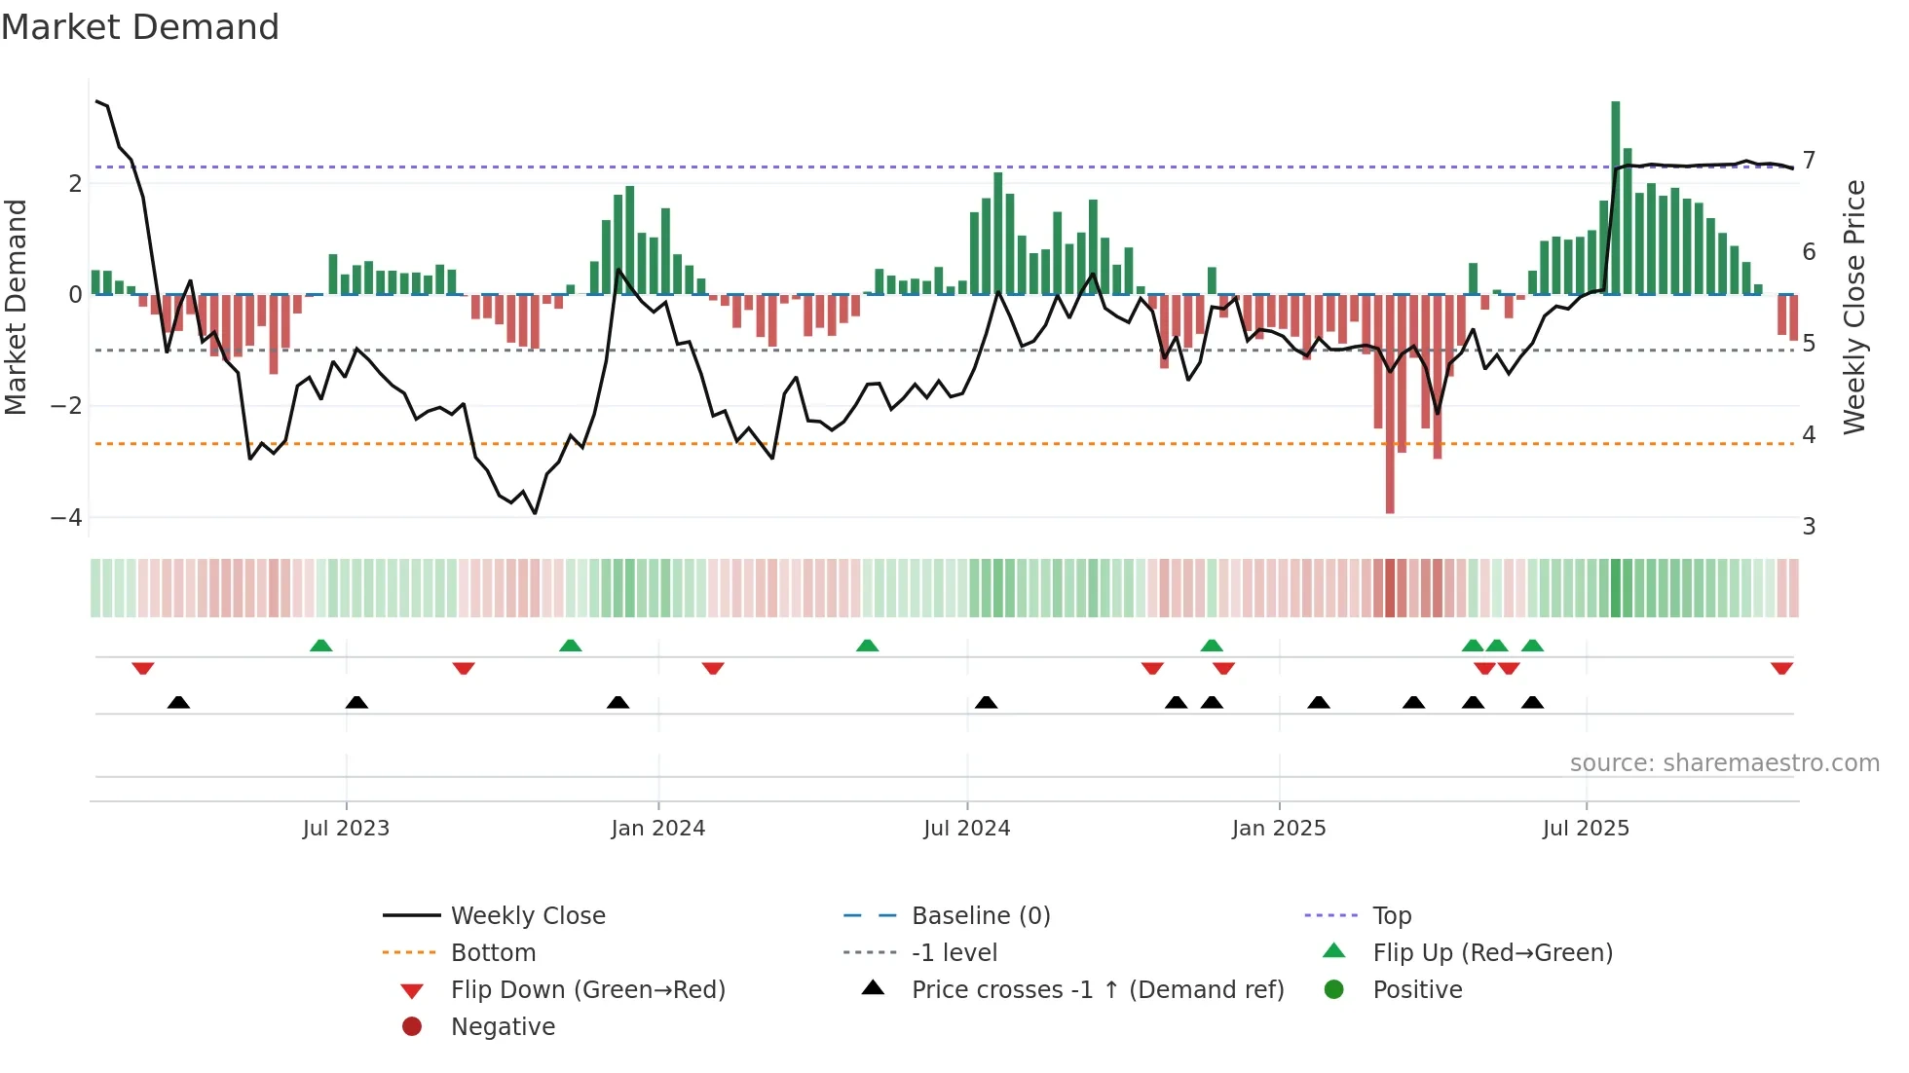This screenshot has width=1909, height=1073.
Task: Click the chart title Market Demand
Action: pos(140,27)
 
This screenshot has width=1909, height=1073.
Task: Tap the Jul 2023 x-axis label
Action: pos(346,829)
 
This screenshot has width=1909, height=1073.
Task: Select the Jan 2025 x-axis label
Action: pos(1279,829)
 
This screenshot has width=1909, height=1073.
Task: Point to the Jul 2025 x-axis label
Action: pos(1586,829)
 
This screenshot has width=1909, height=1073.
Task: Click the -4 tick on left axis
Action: pos(66,518)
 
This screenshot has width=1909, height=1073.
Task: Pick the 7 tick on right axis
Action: pos(1809,160)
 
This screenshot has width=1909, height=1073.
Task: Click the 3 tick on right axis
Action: pos(1809,527)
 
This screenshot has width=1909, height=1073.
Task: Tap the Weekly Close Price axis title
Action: pos(1854,307)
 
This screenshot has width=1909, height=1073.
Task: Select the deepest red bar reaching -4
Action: pos(1390,404)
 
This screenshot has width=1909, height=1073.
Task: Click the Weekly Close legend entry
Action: pos(527,916)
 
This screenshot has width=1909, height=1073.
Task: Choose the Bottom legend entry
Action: pos(493,953)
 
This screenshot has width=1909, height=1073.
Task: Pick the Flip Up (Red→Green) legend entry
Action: pos(1492,953)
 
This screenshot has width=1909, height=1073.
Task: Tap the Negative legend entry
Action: pos(503,1027)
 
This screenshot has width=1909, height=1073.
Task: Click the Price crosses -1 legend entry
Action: pos(1097,990)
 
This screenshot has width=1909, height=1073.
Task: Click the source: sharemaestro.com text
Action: pos(1724,763)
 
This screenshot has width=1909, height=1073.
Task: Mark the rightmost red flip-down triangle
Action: pos(1781,668)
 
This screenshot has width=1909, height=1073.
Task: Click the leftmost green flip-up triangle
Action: pos(320,646)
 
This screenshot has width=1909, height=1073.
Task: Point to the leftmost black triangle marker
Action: pos(178,702)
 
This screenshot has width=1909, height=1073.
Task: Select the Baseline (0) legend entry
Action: pos(980,916)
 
